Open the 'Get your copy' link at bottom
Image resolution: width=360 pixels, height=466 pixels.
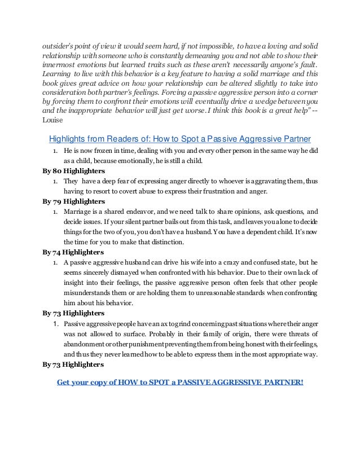tap(180, 382)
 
